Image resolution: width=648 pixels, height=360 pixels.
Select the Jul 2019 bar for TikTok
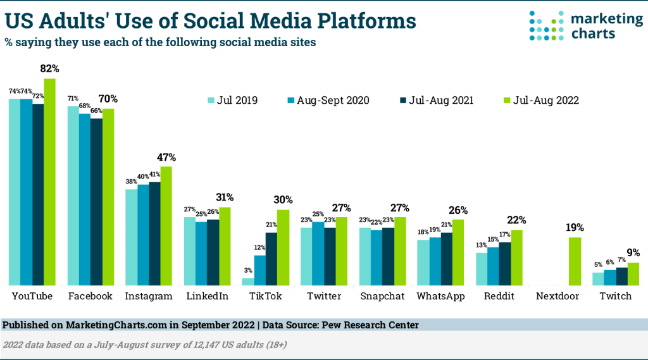tap(248, 282)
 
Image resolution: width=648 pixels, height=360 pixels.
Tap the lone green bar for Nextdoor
tap(575, 261)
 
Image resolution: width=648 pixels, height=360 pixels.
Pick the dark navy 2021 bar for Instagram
tap(154, 233)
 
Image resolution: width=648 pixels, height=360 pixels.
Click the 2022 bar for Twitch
tap(633, 274)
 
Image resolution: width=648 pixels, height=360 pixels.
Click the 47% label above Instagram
tap(166, 157)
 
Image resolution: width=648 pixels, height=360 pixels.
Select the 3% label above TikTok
tap(247, 271)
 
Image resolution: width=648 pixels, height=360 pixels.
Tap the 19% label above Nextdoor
tap(575, 228)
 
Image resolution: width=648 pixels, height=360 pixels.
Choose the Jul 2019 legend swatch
tap(211, 100)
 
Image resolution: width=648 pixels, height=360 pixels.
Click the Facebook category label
tap(90, 296)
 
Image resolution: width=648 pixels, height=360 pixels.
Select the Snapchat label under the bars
tap(382, 296)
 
